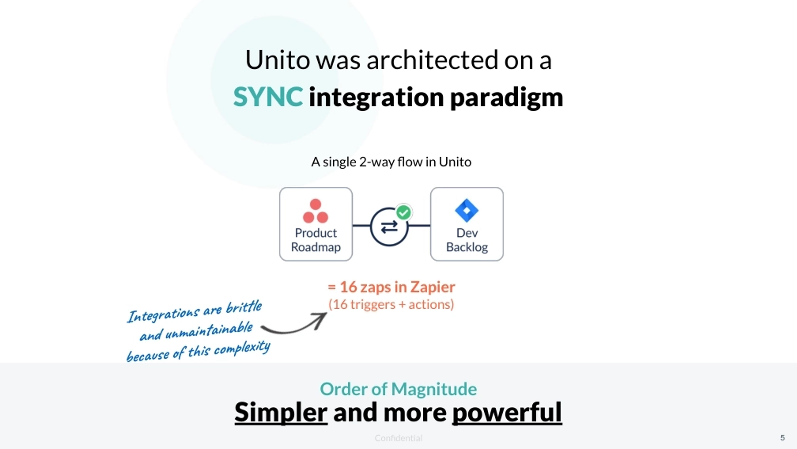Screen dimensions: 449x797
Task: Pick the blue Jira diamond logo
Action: [x=467, y=210]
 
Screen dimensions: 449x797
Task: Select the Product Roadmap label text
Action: [x=315, y=240]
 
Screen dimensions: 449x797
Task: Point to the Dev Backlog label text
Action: [x=467, y=240]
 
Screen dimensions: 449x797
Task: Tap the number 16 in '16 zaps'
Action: [x=348, y=287]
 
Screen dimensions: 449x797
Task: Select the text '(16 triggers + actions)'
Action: [x=391, y=304]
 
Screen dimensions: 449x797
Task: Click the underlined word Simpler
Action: [x=281, y=412]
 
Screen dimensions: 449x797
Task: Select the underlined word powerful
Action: [x=507, y=412]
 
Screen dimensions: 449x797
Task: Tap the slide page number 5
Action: [x=782, y=438]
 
